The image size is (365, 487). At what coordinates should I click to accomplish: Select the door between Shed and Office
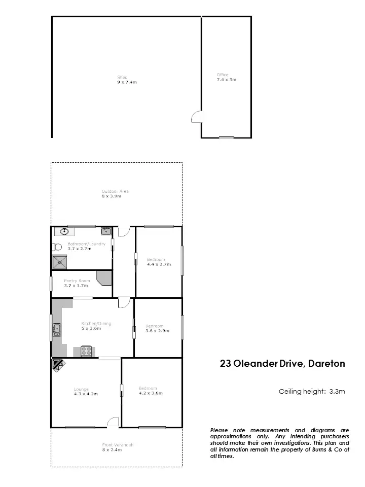click(x=196, y=117)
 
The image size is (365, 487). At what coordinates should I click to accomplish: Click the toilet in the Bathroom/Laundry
click(x=56, y=247)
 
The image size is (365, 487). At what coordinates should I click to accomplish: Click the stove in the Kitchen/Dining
click(x=85, y=351)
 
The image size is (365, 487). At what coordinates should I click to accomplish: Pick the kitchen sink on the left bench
click(x=57, y=330)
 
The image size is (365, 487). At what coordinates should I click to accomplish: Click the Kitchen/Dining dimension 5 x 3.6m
click(x=91, y=328)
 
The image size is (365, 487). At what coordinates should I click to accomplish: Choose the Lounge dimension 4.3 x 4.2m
click(x=85, y=394)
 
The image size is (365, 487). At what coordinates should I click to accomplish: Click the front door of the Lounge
click(x=113, y=422)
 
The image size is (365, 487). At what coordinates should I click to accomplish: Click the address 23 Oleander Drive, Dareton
click(x=282, y=364)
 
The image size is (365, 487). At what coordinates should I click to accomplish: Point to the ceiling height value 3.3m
click(x=337, y=392)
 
